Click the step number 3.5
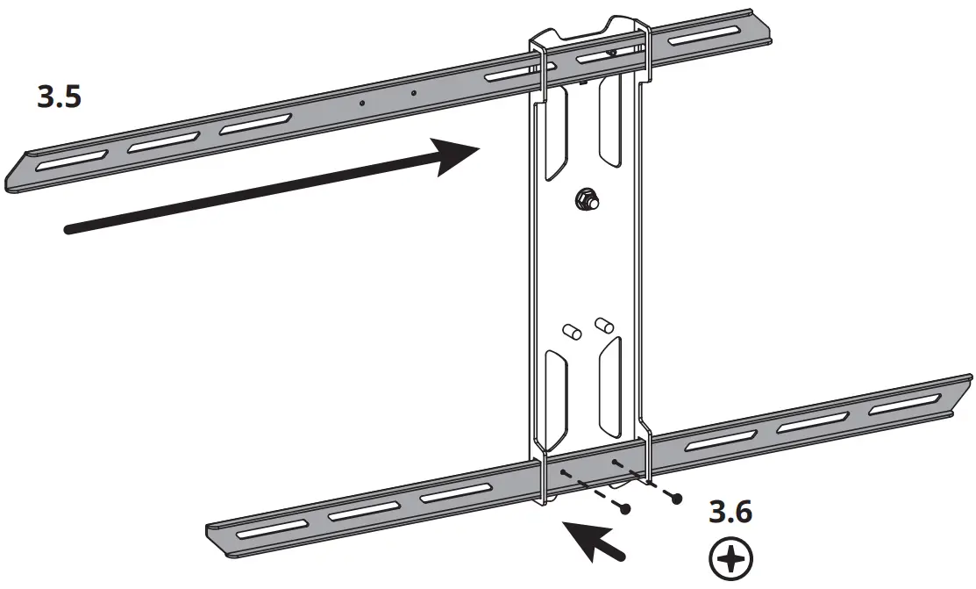click(60, 97)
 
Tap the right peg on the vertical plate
click(602, 324)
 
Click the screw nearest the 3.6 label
click(676, 499)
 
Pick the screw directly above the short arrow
click(625, 507)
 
